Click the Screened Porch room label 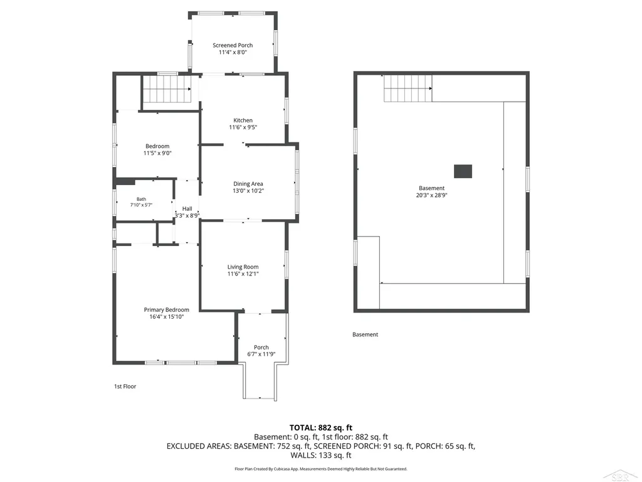pos(233,45)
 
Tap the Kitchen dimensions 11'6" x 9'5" pos(243,127)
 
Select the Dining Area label pos(248,184)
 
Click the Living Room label pos(243,267)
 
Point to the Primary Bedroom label pos(166,310)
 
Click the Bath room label pos(141,199)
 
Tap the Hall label pos(187,208)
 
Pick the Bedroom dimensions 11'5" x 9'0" pos(157,153)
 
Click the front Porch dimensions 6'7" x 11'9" pos(261,355)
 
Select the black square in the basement pos(463,171)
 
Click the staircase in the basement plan pos(408,88)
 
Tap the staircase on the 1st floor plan pos(167,89)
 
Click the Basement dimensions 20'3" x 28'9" pos(431,196)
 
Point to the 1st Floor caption pos(125,387)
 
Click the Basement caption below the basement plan pos(366,335)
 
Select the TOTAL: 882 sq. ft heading pos(321,428)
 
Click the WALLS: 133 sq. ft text pos(321,455)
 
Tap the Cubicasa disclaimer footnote pos(321,469)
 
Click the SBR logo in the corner pos(620,476)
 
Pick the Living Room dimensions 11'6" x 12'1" pos(243,274)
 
